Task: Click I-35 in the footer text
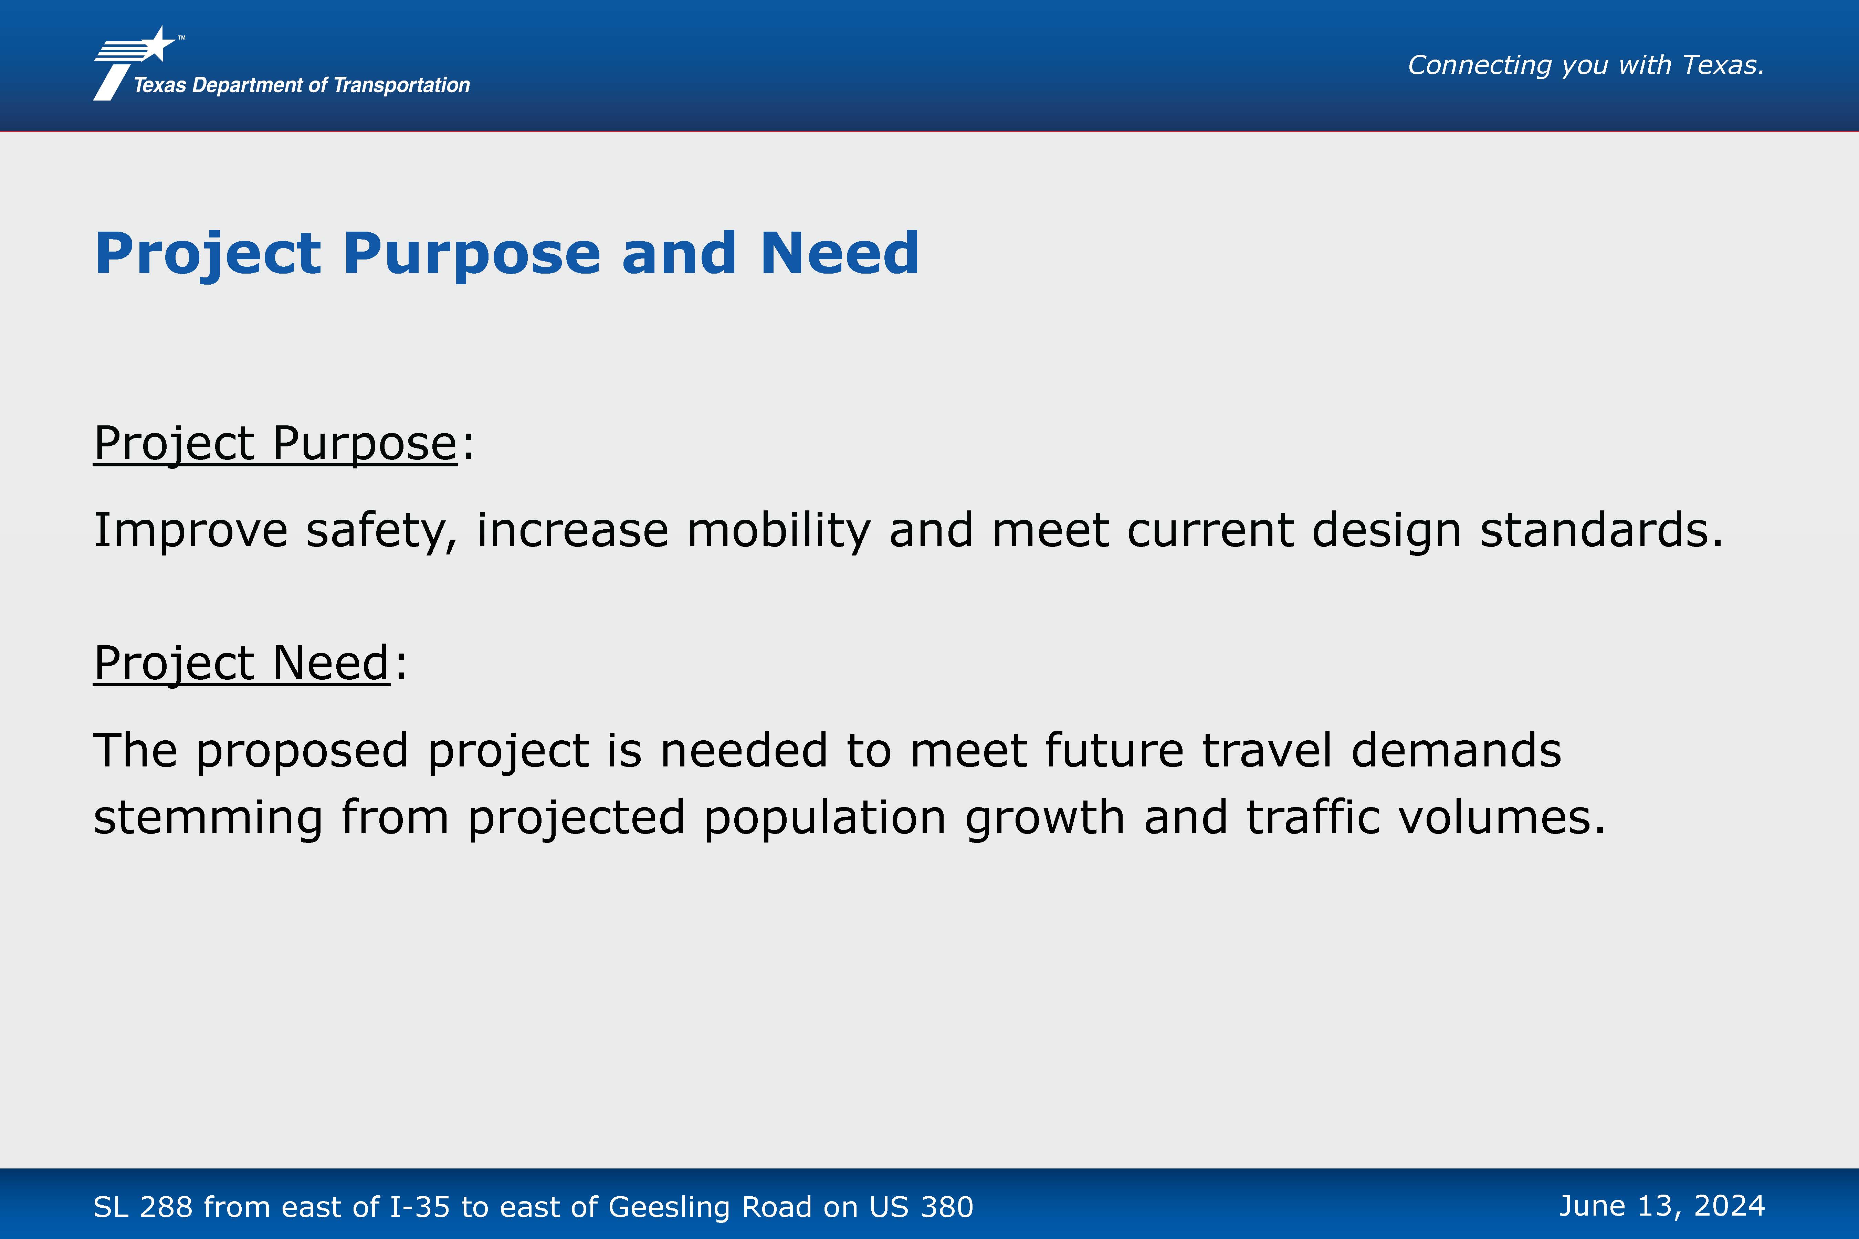tap(420, 1207)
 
